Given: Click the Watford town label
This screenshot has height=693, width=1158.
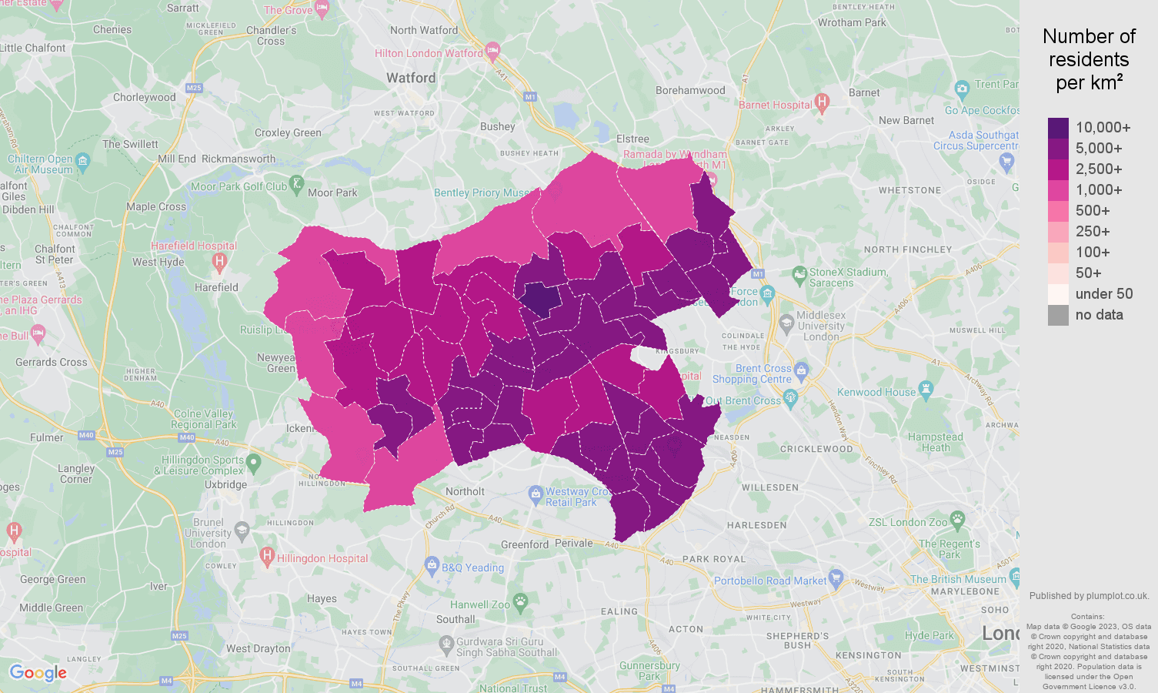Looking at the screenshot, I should (x=411, y=78).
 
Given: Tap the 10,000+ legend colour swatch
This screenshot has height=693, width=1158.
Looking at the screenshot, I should (x=1058, y=128).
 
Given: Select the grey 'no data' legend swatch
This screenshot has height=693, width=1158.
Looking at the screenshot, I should (x=1058, y=315).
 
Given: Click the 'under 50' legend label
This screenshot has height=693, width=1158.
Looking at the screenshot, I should (x=1103, y=294).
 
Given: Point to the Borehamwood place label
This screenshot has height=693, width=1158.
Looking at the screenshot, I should (x=690, y=90).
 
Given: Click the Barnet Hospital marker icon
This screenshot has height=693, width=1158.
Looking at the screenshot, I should (x=822, y=102).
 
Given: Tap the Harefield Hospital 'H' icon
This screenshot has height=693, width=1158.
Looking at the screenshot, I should (x=219, y=262).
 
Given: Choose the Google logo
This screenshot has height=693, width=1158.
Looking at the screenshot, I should (x=38, y=673).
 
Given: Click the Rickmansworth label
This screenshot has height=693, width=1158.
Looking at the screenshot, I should (x=239, y=159).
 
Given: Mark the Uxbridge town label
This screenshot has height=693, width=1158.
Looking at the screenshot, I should (x=226, y=484).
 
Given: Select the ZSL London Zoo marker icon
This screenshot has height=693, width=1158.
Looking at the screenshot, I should (x=957, y=519).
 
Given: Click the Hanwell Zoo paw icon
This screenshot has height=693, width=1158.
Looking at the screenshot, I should (x=521, y=601).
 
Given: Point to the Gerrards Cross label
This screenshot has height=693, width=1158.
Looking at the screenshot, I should (x=52, y=362).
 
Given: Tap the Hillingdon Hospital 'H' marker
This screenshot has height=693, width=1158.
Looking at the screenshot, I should (x=267, y=554).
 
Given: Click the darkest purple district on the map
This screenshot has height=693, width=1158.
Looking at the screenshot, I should (x=541, y=299).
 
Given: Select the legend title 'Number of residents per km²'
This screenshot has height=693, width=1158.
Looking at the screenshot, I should (x=1089, y=59).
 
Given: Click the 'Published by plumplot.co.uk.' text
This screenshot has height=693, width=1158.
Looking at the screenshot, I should (x=1089, y=595).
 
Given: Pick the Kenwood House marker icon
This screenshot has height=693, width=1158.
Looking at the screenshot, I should (x=926, y=390).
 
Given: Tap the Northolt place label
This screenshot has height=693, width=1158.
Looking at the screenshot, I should (x=465, y=491).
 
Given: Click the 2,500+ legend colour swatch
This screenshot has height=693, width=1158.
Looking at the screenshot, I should (x=1058, y=169).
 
